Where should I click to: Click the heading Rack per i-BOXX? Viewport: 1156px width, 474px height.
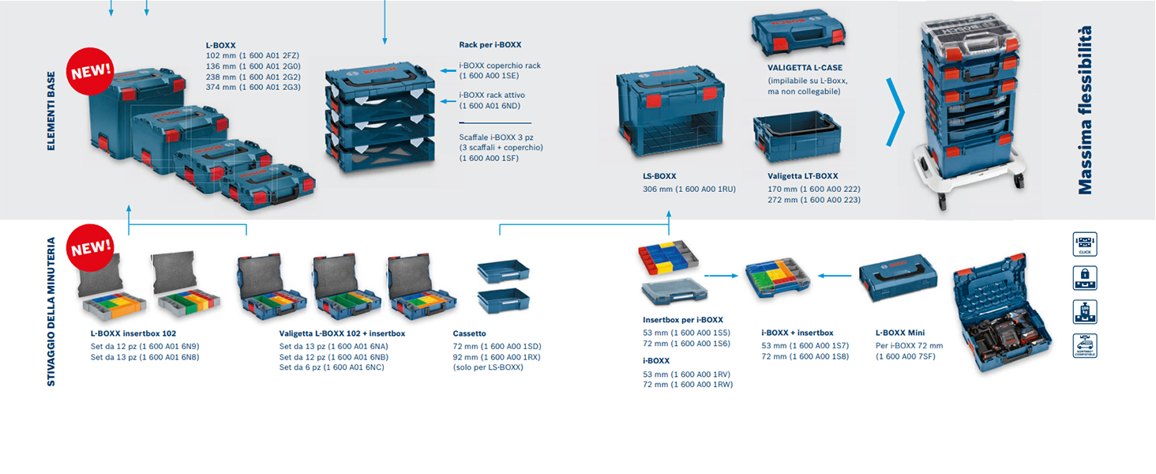click(x=490, y=45)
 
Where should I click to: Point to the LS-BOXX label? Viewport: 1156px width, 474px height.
click(x=659, y=176)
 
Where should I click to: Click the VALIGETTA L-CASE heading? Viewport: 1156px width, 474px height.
click(x=805, y=68)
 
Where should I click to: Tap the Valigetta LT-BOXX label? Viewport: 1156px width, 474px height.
click(x=802, y=176)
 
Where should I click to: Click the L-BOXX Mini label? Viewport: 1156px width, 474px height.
click(x=899, y=333)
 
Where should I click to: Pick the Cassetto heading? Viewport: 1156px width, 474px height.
click(x=469, y=333)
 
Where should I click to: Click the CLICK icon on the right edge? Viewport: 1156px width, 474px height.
click(x=1085, y=244)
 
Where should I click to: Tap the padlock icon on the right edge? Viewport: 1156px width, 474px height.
click(x=1085, y=278)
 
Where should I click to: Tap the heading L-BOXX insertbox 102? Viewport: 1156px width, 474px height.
click(x=133, y=333)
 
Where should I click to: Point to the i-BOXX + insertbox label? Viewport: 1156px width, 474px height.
click(x=797, y=333)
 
